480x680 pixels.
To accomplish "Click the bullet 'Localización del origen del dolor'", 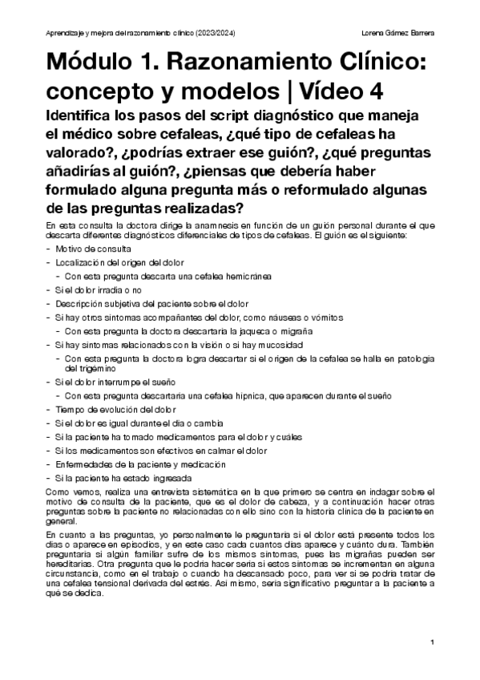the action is pyautogui.click(x=119, y=262).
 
